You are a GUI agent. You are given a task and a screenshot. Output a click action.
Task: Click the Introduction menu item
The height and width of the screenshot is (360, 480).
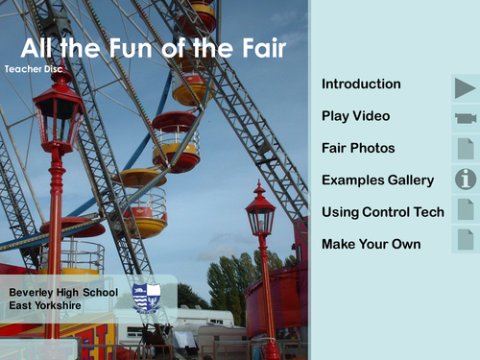(x=361, y=84)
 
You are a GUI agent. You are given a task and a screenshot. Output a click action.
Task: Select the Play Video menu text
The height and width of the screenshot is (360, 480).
(x=355, y=116)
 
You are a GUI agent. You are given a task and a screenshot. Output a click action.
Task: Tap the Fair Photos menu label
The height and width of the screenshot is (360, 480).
(x=358, y=149)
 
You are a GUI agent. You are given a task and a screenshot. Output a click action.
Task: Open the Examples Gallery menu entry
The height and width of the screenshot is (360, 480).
(x=377, y=180)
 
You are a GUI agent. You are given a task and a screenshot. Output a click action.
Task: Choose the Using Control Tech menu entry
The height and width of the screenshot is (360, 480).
(x=382, y=211)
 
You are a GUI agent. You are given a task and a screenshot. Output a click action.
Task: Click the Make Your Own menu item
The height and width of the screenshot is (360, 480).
(x=371, y=244)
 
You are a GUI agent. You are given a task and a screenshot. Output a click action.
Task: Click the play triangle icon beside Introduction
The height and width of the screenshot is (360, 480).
(x=466, y=87)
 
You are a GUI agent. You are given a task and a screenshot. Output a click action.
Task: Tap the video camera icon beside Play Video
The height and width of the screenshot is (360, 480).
(x=466, y=118)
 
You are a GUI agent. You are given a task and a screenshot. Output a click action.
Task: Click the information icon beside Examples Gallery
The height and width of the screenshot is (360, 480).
(x=466, y=179)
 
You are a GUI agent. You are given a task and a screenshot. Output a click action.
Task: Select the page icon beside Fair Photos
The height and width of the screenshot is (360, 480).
(x=466, y=149)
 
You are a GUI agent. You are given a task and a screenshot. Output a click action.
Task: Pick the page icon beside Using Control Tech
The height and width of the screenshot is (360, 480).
(x=466, y=209)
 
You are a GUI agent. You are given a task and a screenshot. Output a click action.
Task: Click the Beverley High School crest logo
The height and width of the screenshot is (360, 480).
(x=147, y=297)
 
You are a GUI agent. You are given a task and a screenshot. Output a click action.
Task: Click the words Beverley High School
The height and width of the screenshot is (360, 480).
(x=62, y=292)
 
